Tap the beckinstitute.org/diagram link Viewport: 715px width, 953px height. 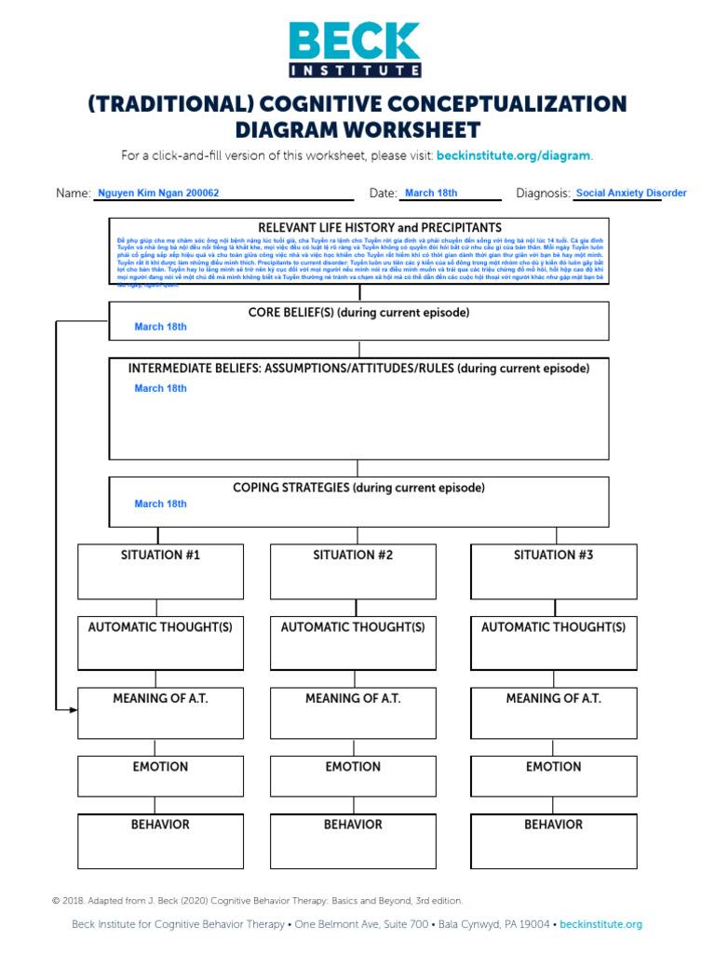click(x=514, y=155)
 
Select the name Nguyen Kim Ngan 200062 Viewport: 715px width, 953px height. click(x=158, y=194)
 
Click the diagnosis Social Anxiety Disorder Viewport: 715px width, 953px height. click(x=630, y=194)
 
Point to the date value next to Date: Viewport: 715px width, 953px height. click(x=431, y=194)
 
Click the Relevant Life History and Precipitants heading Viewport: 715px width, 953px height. click(x=380, y=228)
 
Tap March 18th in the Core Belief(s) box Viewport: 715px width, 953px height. click(x=160, y=327)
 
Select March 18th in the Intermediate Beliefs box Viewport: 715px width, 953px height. click(x=160, y=388)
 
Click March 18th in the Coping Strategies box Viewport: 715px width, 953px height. click(x=160, y=503)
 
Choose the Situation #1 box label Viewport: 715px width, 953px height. click(x=160, y=555)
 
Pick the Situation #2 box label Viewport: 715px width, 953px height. click(x=353, y=555)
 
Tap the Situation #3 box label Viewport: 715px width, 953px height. click(x=553, y=555)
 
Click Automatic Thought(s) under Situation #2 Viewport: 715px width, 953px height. click(x=353, y=627)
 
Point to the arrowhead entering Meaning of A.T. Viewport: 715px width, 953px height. click(x=73, y=710)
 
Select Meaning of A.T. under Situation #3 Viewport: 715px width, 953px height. click(x=553, y=698)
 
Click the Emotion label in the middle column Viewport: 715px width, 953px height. click(x=353, y=767)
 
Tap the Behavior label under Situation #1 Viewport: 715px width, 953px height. click(x=160, y=825)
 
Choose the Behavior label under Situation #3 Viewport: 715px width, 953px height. click(x=553, y=825)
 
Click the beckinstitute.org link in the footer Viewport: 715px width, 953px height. click(x=600, y=924)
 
